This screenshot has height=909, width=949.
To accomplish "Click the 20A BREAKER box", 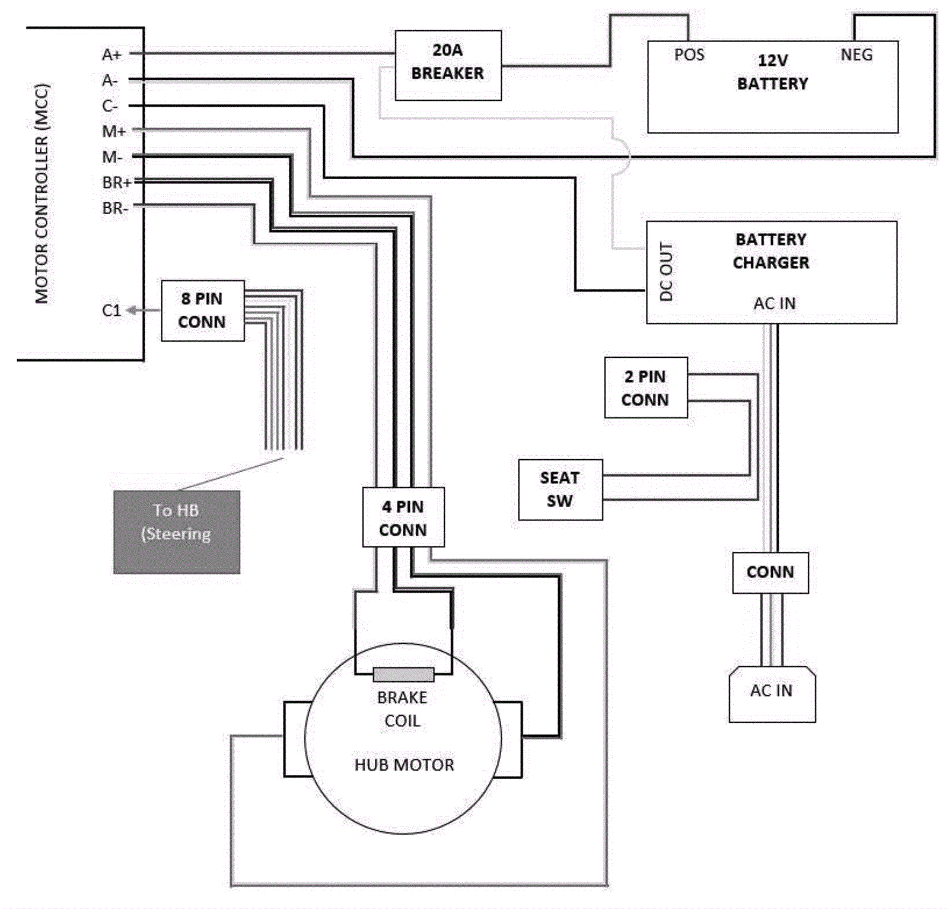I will pos(448,65).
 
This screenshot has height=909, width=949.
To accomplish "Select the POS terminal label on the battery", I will pos(689,55).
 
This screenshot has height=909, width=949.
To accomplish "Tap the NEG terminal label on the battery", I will pos(856,55).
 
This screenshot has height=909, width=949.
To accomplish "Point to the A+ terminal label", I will pos(112,55).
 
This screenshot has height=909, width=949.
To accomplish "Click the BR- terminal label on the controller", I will pos(114,208).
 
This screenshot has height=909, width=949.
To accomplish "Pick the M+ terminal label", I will pos(113,131).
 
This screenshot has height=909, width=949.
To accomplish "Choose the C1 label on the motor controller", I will pos(112,310).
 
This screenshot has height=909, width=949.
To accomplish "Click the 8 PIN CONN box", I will pos(202,310).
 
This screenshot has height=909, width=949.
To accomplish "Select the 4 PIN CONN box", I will pos(403,517).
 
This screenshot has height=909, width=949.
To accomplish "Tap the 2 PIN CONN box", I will pos(645,387).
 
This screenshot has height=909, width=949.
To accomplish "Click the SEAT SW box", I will pos(560,490).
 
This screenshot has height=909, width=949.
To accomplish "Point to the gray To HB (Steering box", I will pos(176,532).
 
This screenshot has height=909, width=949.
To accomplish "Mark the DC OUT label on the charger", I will pos(666,272).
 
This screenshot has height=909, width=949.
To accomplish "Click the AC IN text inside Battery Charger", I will pos(774,304).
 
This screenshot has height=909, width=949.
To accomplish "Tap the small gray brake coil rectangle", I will pos(403,675).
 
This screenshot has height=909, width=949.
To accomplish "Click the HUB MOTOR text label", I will pos(404,765).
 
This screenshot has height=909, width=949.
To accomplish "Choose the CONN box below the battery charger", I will pos(770,573).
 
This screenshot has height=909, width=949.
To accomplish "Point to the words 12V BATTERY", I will pos(772,72).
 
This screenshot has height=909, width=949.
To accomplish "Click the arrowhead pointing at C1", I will pos(132,310).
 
